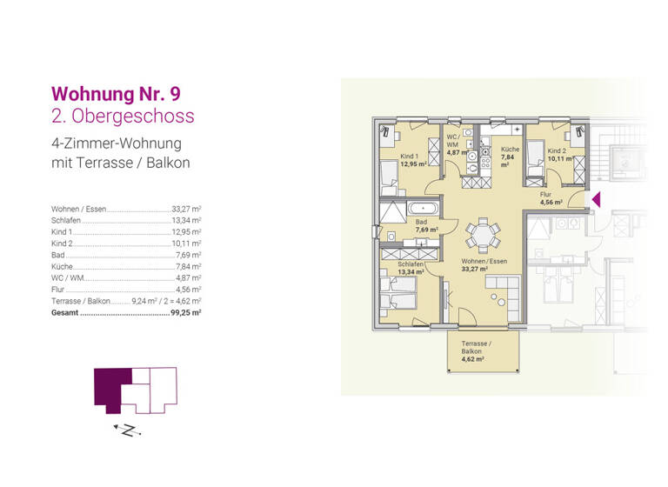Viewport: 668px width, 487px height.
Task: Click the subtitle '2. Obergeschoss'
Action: click(x=123, y=116)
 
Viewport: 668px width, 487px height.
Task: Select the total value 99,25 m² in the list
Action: click(x=185, y=311)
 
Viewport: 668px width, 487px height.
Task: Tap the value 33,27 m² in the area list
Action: click(x=186, y=210)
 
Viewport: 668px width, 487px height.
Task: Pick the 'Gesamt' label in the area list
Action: click(x=65, y=311)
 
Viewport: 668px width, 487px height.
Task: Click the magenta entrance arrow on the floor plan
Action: click(x=596, y=201)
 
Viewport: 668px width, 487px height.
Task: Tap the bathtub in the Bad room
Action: click(x=425, y=209)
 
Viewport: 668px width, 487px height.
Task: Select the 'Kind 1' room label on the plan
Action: click(x=410, y=157)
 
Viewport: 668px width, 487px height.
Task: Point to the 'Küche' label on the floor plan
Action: click(x=510, y=150)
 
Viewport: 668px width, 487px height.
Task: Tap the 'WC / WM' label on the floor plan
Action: click(x=453, y=141)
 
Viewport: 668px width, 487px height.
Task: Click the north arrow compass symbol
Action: click(x=127, y=430)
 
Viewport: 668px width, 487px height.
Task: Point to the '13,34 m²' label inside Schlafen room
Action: click(x=411, y=271)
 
